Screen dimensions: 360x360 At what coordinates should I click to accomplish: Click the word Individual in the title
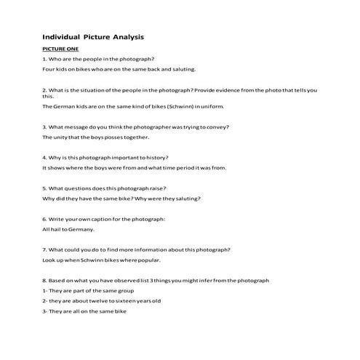pyautogui.click(x=61, y=36)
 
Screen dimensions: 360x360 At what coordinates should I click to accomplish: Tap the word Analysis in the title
pyautogui.click(x=124, y=36)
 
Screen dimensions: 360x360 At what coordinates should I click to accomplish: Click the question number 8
pyautogui.click(x=44, y=280)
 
